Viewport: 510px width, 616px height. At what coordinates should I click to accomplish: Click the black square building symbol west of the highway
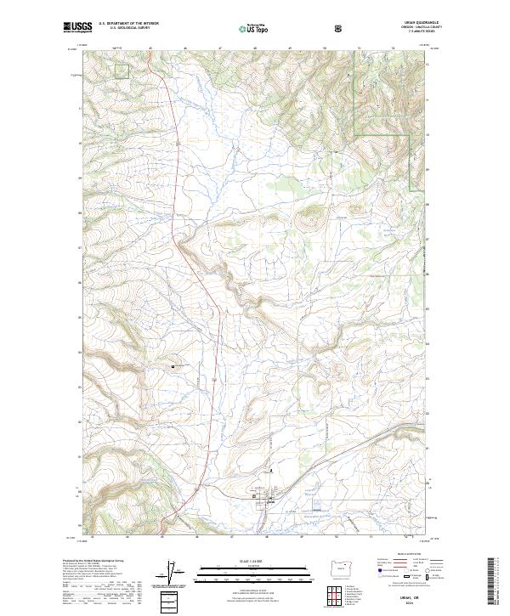(x=173, y=366)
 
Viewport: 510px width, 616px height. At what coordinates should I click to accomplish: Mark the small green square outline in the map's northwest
(x=122, y=71)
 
